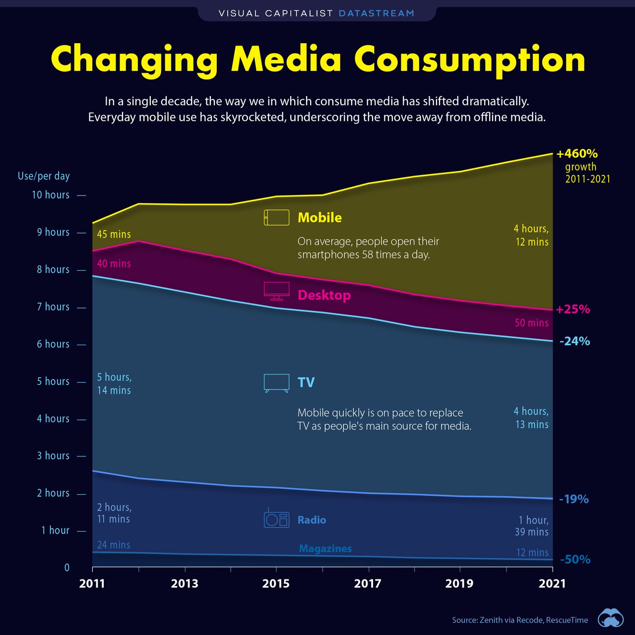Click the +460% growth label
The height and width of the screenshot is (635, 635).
click(576, 154)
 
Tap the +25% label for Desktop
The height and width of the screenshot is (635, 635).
click(573, 310)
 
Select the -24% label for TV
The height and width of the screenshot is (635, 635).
click(574, 341)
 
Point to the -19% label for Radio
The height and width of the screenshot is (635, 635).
click(573, 499)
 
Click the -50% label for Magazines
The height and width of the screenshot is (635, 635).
click(575, 560)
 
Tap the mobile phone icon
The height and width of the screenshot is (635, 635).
click(276, 217)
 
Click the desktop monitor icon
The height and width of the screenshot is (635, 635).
click(276, 291)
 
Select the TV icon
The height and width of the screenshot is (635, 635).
click(276, 383)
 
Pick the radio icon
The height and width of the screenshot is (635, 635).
click(276, 518)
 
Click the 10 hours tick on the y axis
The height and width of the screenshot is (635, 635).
click(81, 195)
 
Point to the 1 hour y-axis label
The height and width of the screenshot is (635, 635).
click(55, 530)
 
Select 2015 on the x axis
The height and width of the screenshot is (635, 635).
click(276, 583)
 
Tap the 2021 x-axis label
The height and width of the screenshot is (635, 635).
click(552, 583)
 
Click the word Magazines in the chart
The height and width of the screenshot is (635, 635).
click(325, 549)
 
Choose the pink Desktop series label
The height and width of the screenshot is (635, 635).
click(324, 295)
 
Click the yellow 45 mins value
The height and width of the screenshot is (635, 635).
click(114, 234)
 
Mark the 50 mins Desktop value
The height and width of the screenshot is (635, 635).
click(531, 323)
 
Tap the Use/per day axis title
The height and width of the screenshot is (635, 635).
click(44, 176)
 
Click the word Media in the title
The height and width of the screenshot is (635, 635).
click(286, 60)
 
